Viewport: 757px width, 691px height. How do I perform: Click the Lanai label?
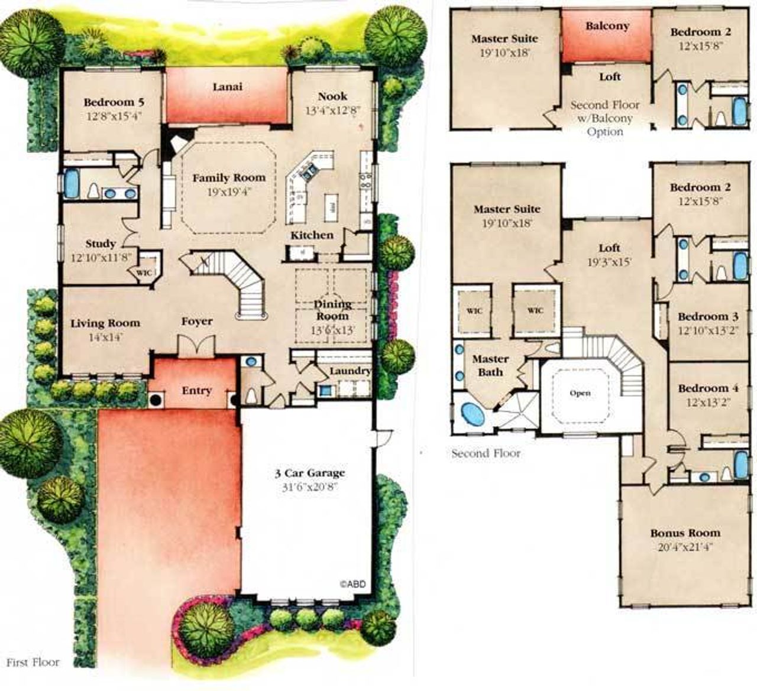(227, 87)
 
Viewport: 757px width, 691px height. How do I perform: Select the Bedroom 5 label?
(114, 102)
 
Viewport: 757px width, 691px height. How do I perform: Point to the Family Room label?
(229, 177)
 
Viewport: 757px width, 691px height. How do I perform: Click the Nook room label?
(333, 96)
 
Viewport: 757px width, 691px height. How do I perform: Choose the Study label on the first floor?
(101, 244)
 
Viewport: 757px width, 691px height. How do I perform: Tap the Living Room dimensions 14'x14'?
(105, 338)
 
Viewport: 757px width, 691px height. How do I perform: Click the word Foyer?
(196, 322)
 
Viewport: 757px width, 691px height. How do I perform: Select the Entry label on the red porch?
(196, 391)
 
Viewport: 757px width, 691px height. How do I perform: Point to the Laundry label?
(350, 371)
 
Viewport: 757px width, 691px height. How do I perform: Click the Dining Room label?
(332, 310)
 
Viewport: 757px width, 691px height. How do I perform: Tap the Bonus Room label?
(685, 533)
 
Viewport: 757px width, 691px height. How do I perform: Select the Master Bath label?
(490, 365)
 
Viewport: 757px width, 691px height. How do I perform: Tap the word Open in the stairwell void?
(580, 393)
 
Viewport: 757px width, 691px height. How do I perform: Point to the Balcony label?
(607, 26)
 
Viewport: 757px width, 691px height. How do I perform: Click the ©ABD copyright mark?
(352, 583)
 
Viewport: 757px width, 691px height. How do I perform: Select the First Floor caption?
(33, 662)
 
